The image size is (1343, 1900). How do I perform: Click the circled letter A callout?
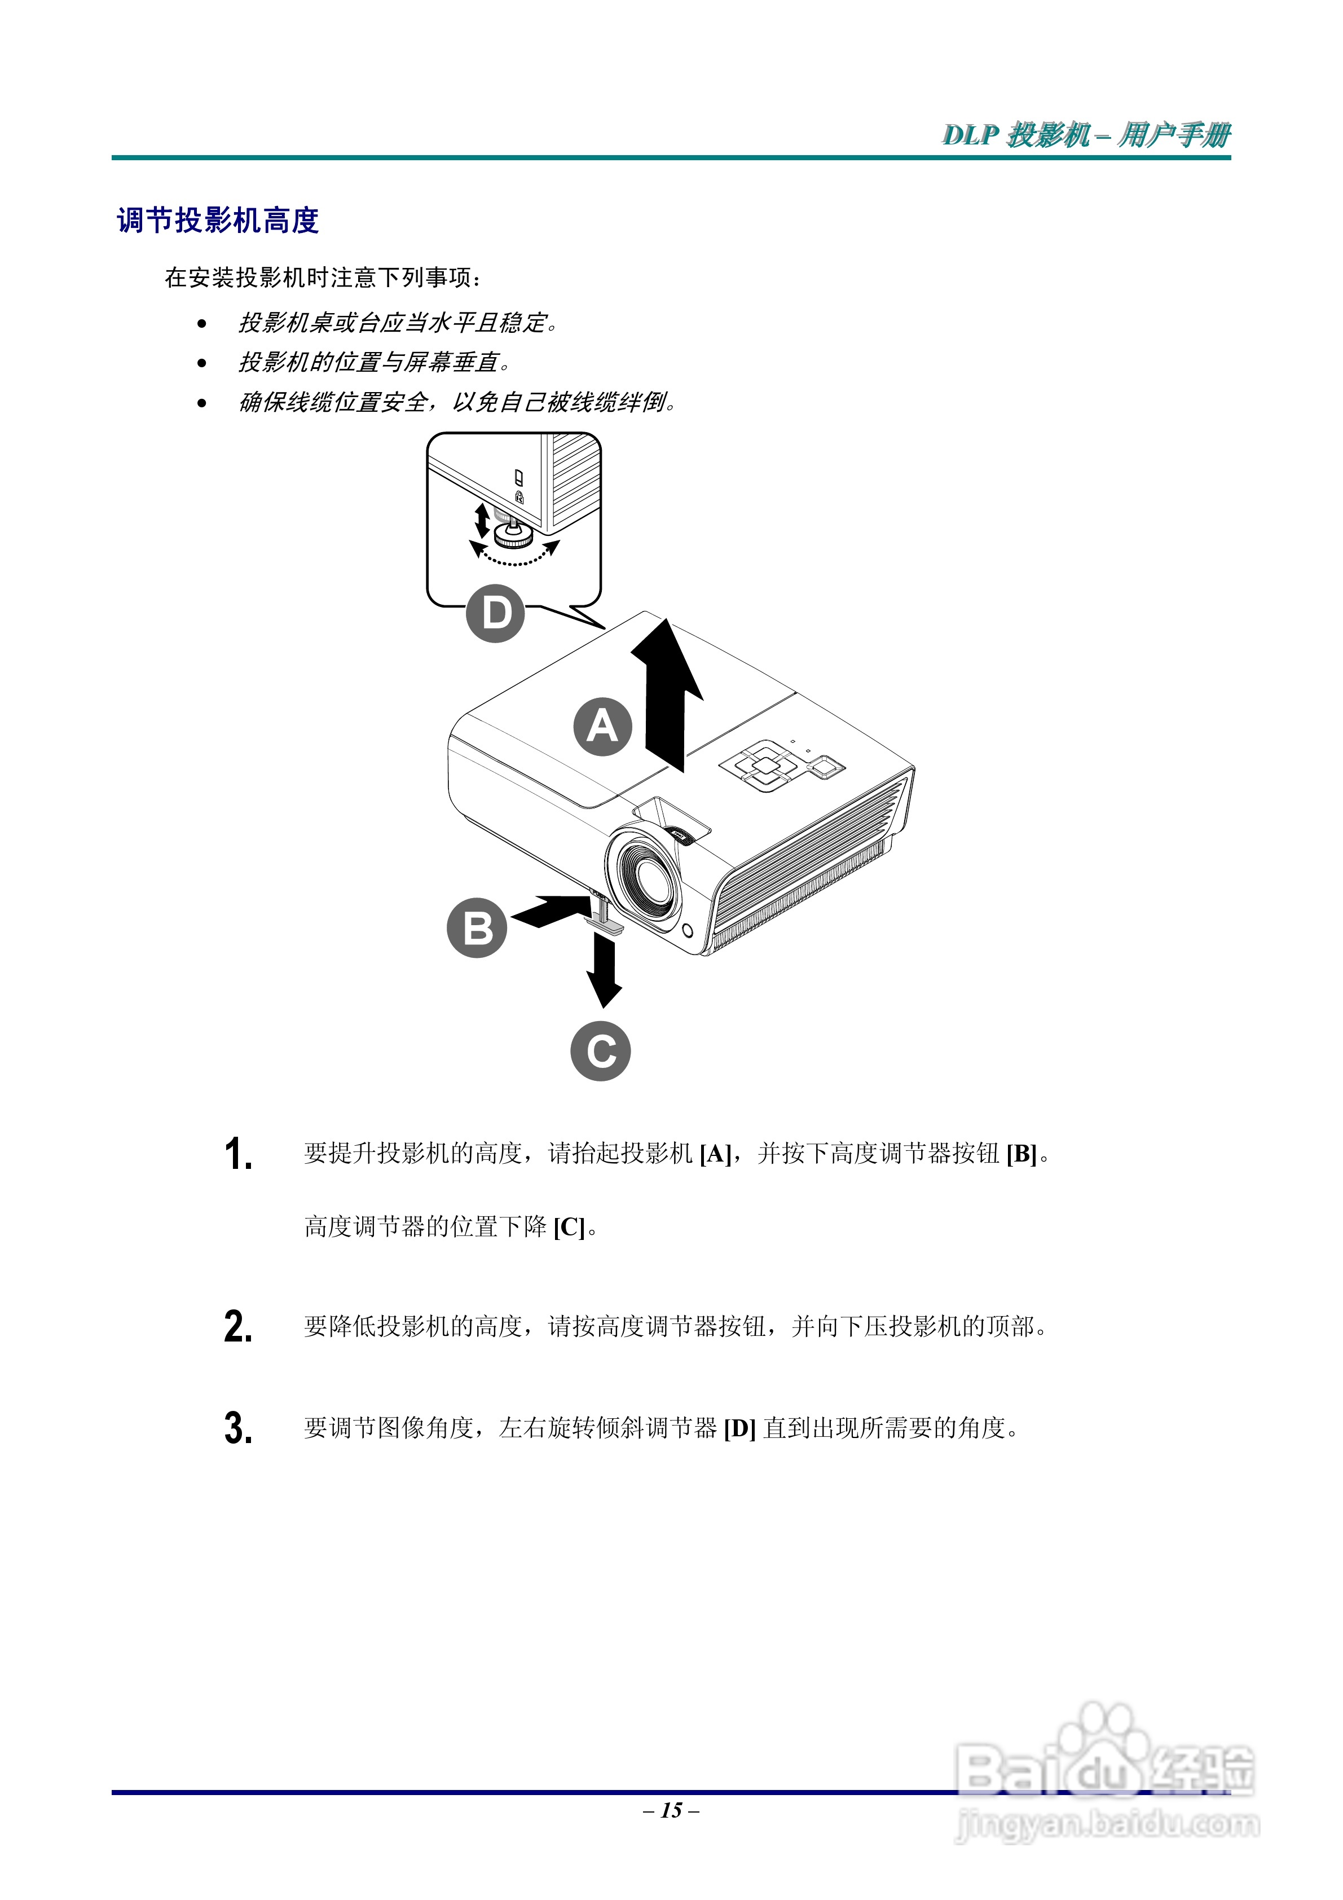pos(602,727)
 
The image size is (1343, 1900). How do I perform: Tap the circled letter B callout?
pos(477,927)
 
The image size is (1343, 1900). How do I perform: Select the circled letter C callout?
pos(601,1051)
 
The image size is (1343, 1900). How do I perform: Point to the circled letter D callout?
pos(496,613)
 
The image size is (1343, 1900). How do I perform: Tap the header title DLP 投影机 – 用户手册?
pos(1086,134)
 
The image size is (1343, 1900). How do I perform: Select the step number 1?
pos(239,1154)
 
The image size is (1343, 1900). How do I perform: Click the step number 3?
pos(239,1428)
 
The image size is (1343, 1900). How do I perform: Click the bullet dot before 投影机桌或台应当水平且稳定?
pos(202,324)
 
